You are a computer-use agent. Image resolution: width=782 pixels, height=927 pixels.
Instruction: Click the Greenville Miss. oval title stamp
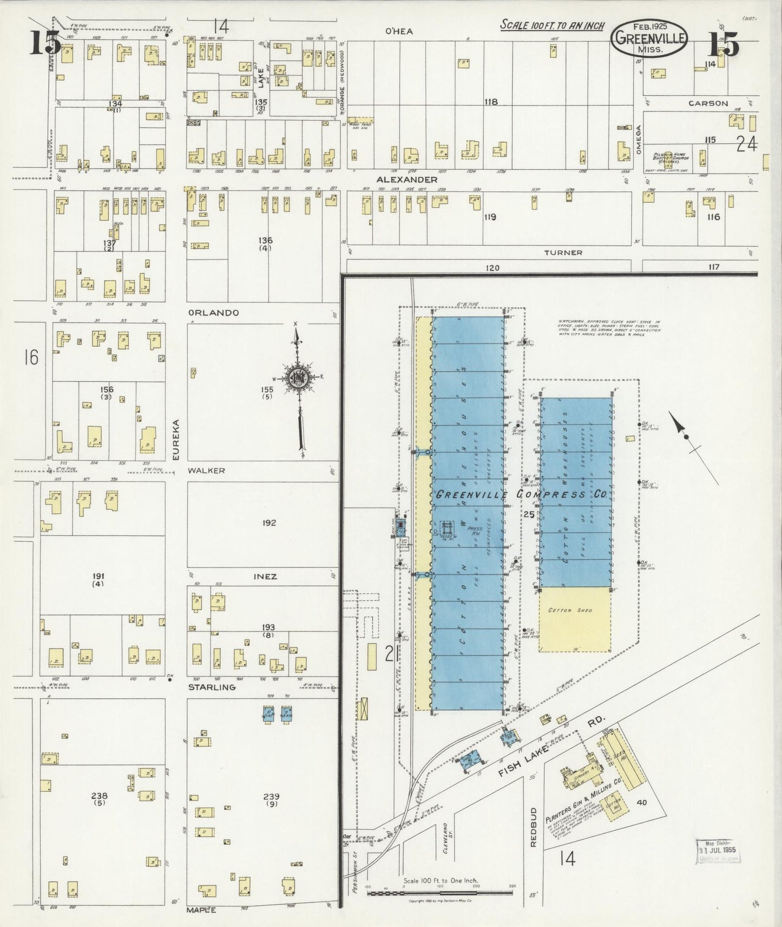click(649, 39)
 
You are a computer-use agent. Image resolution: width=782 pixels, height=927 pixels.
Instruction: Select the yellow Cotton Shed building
click(575, 619)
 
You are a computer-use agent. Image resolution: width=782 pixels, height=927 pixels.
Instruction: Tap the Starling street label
click(212, 687)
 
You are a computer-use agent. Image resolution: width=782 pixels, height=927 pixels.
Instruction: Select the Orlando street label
click(213, 313)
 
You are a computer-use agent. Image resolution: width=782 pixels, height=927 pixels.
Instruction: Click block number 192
click(268, 523)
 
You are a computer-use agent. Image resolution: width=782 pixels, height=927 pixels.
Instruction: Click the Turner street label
click(563, 253)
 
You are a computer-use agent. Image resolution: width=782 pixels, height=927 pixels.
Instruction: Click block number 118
click(491, 102)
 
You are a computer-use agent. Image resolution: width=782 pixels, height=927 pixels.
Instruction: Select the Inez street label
click(265, 577)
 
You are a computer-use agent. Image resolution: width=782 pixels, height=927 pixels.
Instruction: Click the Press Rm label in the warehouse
click(474, 530)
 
